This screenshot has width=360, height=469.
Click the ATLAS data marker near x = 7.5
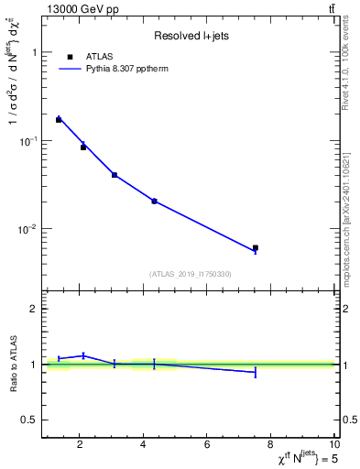click(256, 247)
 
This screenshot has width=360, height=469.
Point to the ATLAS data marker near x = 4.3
click(154, 201)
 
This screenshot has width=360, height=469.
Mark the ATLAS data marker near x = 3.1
click(115, 174)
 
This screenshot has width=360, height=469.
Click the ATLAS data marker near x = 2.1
click(83, 147)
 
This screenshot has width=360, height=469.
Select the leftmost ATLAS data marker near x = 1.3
click(59, 119)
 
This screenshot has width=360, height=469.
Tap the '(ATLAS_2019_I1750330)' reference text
click(190, 274)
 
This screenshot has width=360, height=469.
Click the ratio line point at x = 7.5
click(256, 372)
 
